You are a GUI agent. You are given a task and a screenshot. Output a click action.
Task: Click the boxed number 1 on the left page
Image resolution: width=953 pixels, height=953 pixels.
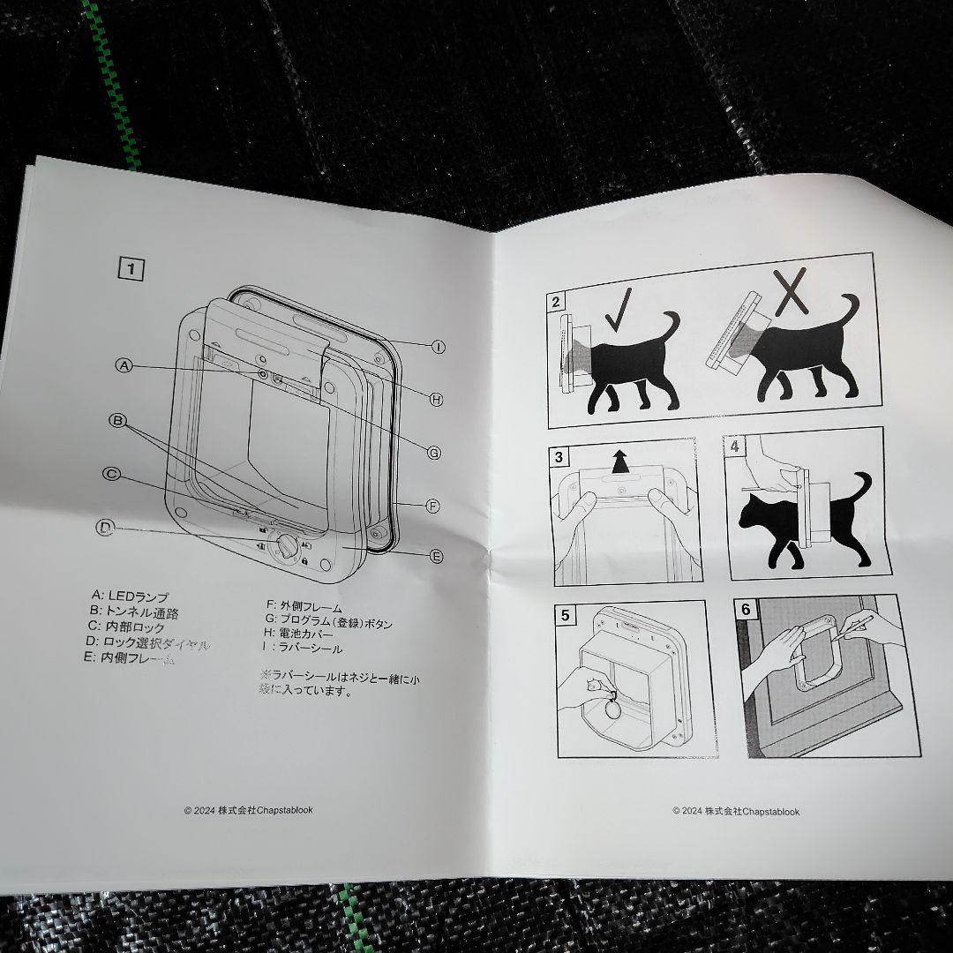coord(131,268)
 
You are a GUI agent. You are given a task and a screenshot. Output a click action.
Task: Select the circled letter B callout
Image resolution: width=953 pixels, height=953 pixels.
coord(116,421)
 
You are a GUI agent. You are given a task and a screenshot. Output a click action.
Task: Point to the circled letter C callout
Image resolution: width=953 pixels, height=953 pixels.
coord(111,474)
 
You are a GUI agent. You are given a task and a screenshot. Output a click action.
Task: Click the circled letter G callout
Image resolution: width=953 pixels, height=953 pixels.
coord(433,452)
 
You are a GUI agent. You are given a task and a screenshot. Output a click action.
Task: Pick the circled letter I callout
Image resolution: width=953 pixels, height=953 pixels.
coord(438,347)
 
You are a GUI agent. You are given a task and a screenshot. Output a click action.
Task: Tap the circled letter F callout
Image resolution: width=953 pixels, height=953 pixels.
coord(432,506)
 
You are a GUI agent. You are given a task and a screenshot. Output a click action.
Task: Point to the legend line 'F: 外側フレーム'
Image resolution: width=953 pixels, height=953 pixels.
coord(304,605)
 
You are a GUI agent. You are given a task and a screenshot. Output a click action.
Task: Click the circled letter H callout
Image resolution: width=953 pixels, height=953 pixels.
coord(435,400)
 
